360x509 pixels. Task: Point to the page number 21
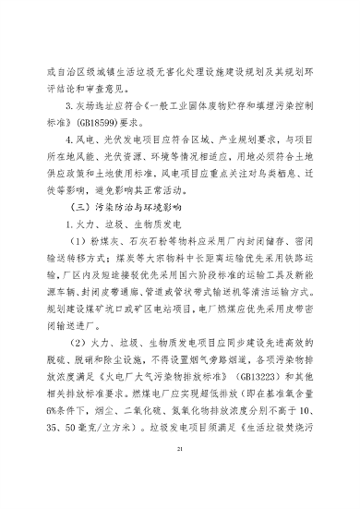[x=180, y=473]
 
